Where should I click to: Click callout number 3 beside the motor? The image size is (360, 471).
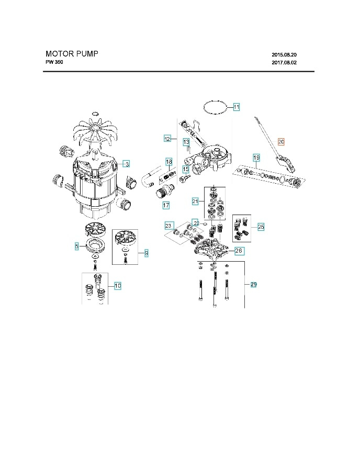coord(127,164)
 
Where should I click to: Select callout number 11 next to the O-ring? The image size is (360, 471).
coord(236,107)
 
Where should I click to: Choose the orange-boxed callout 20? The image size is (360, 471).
coord(281,142)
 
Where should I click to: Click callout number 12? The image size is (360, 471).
coord(167,139)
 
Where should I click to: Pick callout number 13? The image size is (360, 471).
coord(186,142)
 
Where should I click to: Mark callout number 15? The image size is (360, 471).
coord(185,169)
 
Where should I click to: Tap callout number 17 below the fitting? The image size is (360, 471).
coord(166,205)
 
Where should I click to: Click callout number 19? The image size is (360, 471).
coord(256,158)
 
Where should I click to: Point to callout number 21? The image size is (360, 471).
coord(195,201)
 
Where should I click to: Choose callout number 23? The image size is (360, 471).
coord(168,226)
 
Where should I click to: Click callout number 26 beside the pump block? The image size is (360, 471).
coord(239,251)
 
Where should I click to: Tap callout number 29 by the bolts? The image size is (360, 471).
coord(253,285)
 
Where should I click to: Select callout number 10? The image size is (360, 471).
coord(118,286)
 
